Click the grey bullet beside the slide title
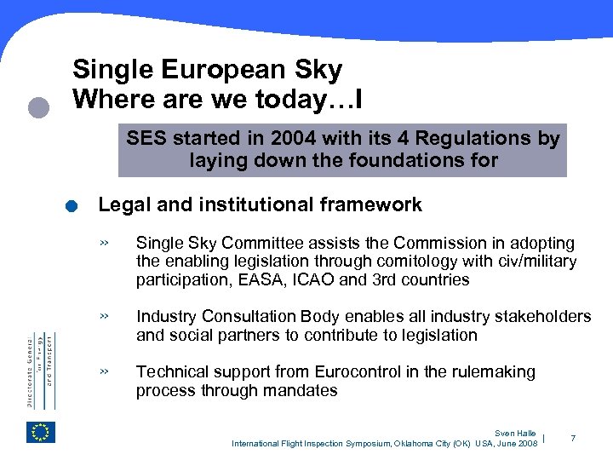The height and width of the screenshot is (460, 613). [37, 106]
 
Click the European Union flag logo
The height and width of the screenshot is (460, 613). [40, 432]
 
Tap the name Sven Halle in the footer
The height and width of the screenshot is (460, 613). [517, 434]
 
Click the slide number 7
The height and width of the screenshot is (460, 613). [573, 438]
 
